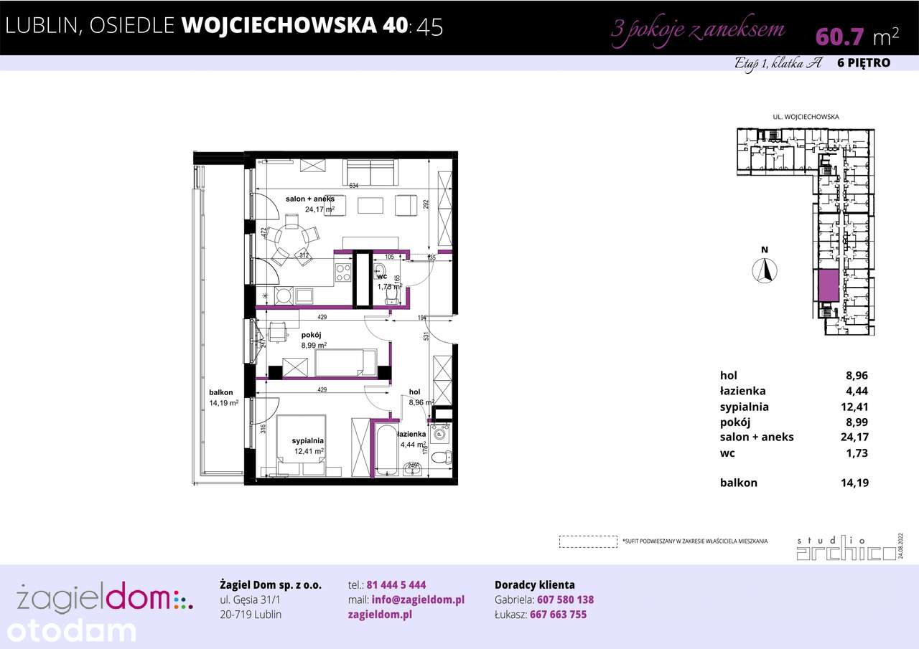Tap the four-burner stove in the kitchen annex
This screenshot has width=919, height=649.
pos(343,273)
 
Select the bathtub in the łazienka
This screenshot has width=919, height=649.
pos(386,449)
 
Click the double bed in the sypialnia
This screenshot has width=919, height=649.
pos(301,445)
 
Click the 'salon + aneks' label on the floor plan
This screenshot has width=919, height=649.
pos(310,199)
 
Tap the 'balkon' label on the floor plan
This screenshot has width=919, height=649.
pos(220,392)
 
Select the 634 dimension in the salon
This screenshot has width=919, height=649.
pos(353,186)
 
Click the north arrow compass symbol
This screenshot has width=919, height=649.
pos(765,270)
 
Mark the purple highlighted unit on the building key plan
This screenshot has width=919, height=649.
pos(829,287)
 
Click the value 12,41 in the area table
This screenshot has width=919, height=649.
pos(854,407)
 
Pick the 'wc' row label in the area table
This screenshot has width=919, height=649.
pos(727,453)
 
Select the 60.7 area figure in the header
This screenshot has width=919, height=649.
pos(839,35)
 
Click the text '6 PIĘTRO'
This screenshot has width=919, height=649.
pos(864,63)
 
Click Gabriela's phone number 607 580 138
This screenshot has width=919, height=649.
pos(561,600)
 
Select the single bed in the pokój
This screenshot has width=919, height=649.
pos(345,363)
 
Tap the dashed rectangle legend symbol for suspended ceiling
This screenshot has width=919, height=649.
pos(588,541)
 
